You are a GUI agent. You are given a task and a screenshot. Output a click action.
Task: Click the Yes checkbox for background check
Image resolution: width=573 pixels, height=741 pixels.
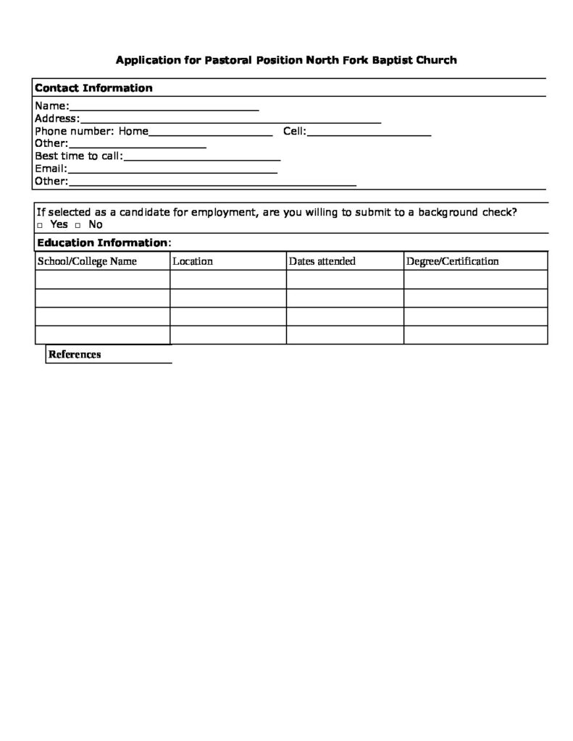40,225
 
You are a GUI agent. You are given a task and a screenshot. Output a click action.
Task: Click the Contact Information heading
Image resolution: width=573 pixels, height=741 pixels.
93,88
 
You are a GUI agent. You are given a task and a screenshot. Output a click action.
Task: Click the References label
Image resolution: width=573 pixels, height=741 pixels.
75,355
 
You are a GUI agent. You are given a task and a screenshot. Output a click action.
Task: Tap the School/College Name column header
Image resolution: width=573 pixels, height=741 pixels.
87,261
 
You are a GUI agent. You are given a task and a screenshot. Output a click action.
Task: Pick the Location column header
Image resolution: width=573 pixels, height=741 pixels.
193,261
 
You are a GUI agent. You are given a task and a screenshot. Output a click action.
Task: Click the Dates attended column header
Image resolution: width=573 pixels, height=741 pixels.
322,261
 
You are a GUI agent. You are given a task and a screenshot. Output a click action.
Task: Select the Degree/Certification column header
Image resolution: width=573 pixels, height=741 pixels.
452,261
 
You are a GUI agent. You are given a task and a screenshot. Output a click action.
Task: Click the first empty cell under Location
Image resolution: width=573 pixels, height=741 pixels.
228,279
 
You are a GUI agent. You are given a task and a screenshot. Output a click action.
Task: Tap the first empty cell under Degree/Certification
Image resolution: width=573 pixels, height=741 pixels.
475,279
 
